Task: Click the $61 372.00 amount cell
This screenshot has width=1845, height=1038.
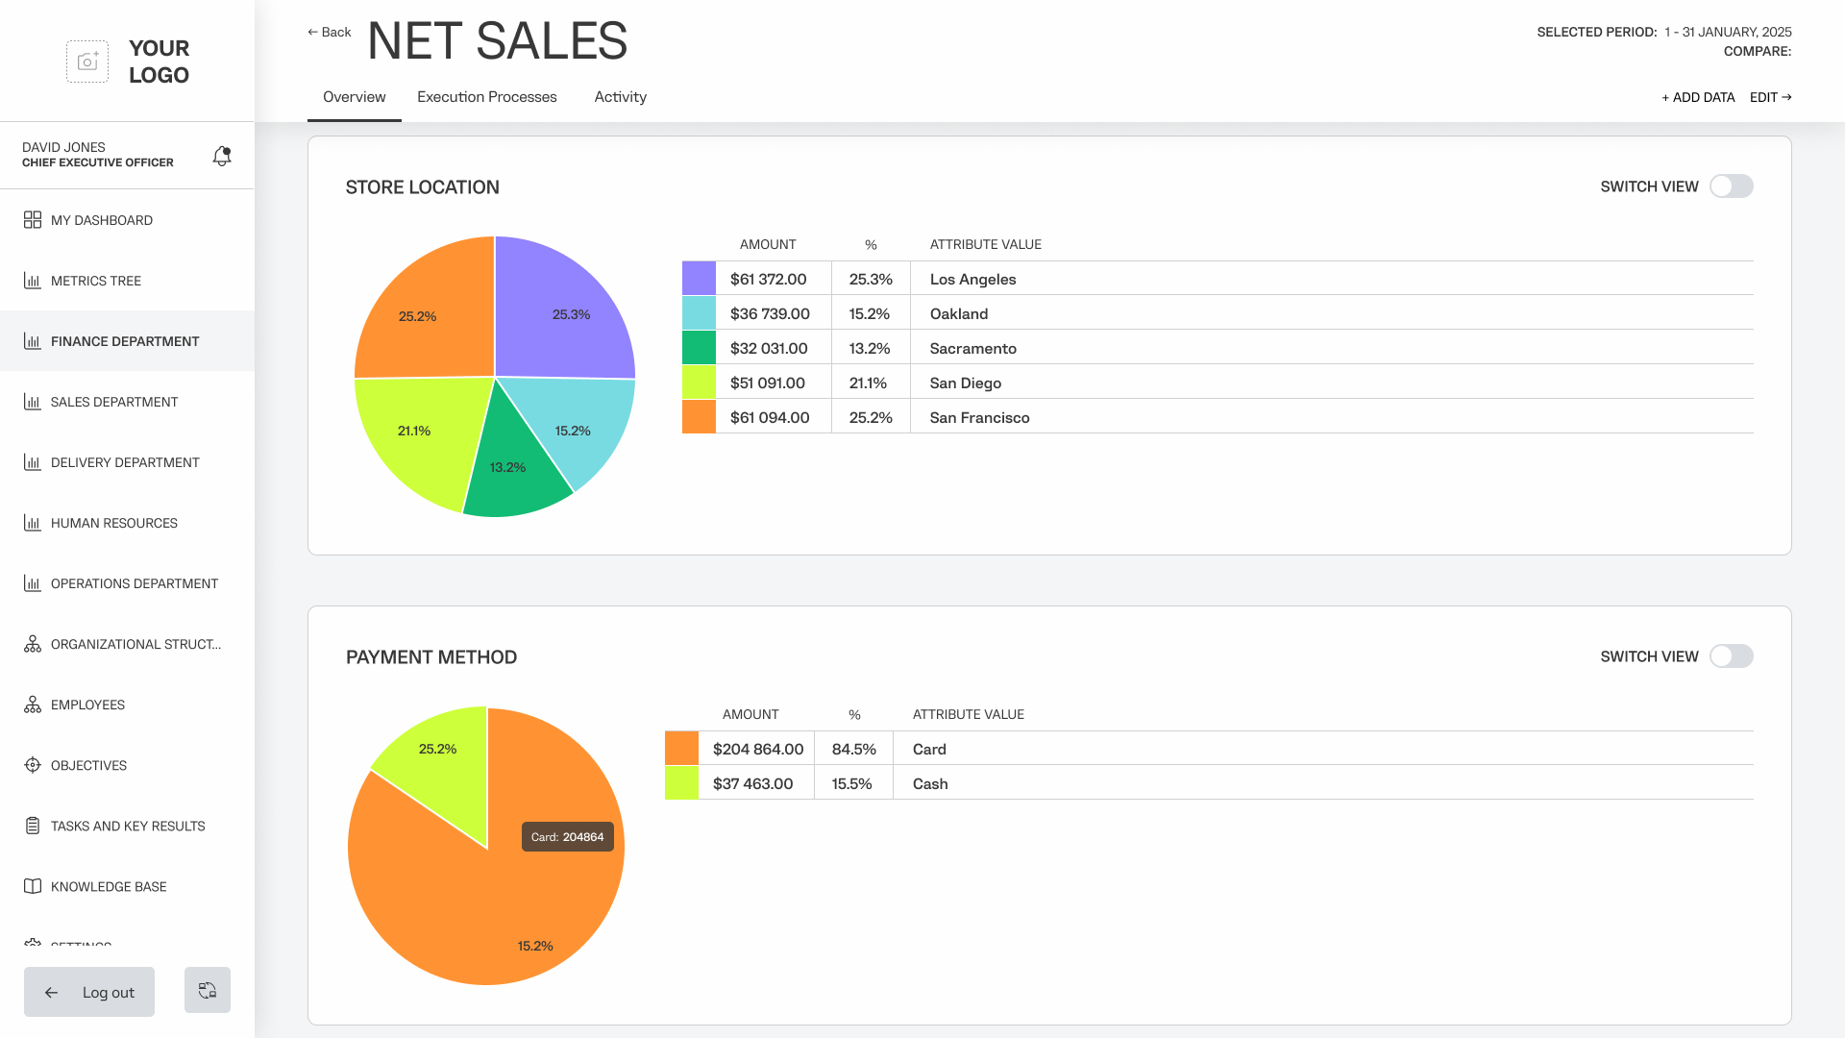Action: point(768,279)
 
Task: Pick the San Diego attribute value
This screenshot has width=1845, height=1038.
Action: point(965,383)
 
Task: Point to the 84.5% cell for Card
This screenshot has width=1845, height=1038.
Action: point(853,749)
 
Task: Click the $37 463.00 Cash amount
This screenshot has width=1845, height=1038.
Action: point(752,783)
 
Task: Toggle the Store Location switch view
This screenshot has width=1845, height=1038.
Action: point(1731,186)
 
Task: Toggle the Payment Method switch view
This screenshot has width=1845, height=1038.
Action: point(1731,656)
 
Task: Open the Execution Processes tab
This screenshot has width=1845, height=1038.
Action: point(486,97)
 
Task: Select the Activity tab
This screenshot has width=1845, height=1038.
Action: point(620,97)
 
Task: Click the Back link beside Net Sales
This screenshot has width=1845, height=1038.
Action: point(329,33)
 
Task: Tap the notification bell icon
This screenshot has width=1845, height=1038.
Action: point(222,156)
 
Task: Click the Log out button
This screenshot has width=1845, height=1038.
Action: point(89,992)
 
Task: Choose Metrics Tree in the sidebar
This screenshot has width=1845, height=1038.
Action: point(95,281)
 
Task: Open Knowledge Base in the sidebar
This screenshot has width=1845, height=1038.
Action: point(108,886)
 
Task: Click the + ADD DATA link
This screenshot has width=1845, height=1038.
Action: point(1698,97)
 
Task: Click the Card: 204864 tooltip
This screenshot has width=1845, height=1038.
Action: point(567,836)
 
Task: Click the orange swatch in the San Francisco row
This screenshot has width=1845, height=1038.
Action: point(699,417)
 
